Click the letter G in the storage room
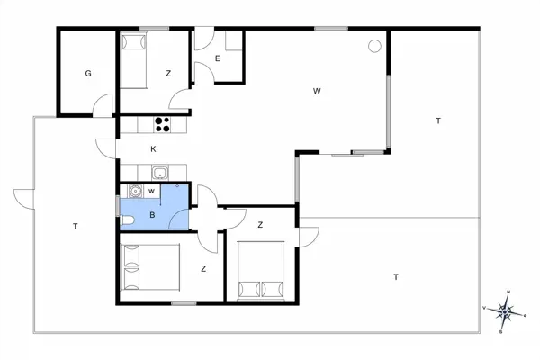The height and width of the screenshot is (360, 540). tap(88, 74)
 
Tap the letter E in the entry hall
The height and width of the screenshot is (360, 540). tap(218, 58)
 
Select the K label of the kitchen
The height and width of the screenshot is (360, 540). tap(154, 148)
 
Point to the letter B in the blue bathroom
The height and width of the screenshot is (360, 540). tap(152, 215)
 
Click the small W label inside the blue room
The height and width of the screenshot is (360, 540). tap(152, 191)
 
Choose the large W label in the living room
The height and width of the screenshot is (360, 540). tap(317, 91)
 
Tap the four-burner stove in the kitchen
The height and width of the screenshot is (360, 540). tap(163, 125)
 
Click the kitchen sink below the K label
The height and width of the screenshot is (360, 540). tap(158, 174)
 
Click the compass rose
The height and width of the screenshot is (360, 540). tap(507, 311)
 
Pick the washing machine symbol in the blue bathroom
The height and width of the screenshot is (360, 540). tap(134, 191)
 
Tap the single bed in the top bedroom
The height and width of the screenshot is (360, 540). tap(135, 61)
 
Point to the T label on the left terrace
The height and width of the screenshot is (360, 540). tap(76, 227)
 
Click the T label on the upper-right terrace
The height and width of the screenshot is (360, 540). tap(438, 121)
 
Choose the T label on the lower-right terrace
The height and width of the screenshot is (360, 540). tap(395, 277)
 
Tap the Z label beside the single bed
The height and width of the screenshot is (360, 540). tap(168, 74)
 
